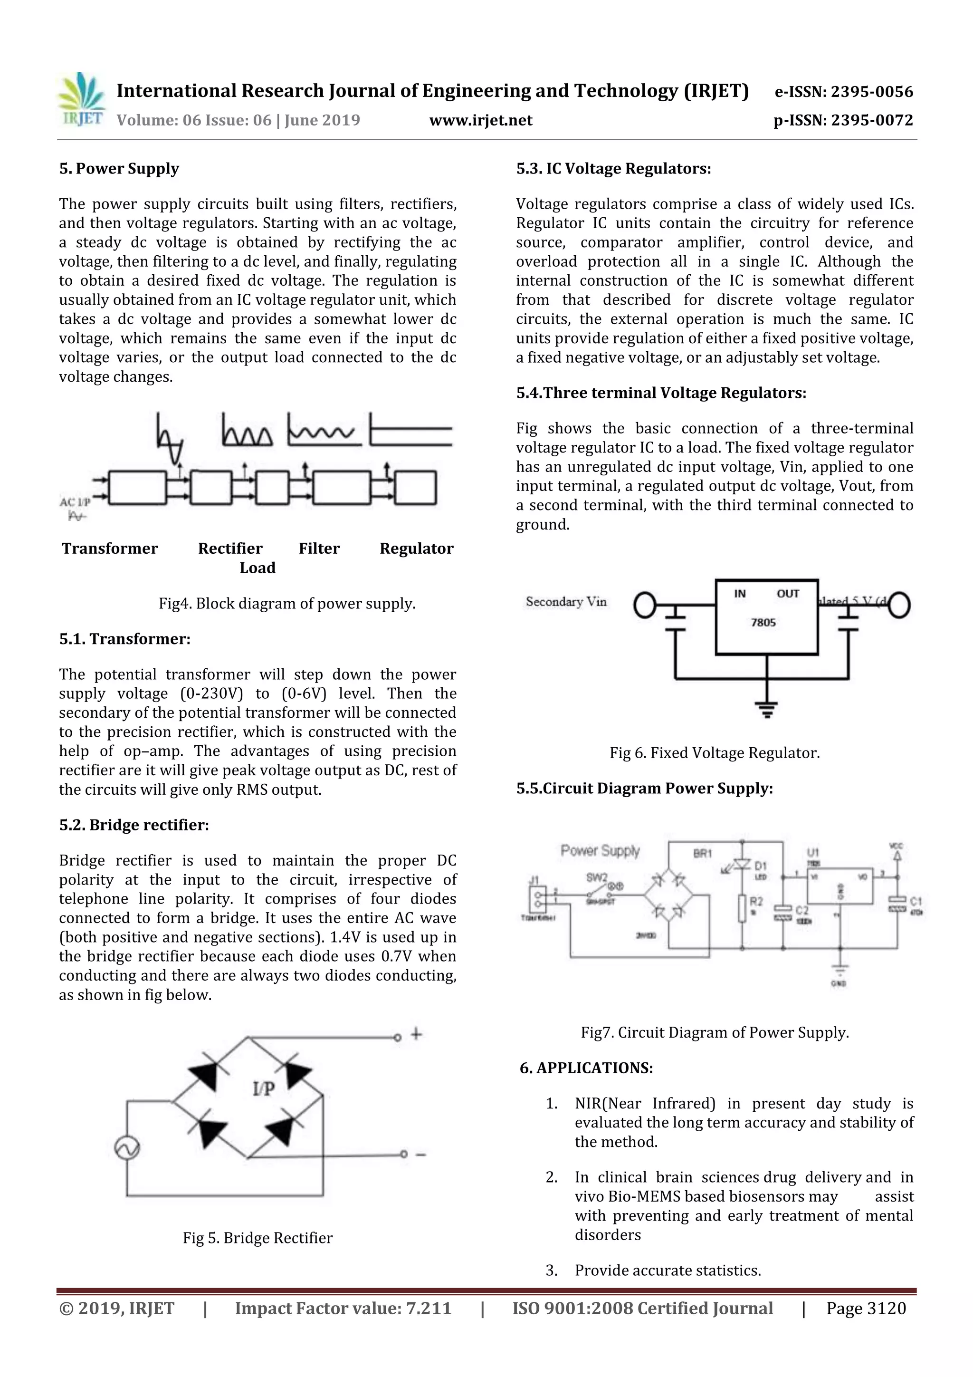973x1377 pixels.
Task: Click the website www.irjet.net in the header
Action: click(x=481, y=121)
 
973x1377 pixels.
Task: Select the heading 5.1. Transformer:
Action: click(x=124, y=639)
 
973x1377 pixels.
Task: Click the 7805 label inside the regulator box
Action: click(x=763, y=623)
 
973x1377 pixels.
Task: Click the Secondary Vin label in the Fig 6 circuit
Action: click(x=566, y=602)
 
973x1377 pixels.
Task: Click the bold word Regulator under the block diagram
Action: click(x=416, y=549)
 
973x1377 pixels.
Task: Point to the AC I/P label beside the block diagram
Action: click(x=74, y=502)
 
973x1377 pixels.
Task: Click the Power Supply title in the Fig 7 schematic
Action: click(x=600, y=850)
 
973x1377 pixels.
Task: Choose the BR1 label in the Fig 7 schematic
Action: click(x=702, y=853)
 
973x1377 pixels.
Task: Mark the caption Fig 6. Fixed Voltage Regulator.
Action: click(x=714, y=753)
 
